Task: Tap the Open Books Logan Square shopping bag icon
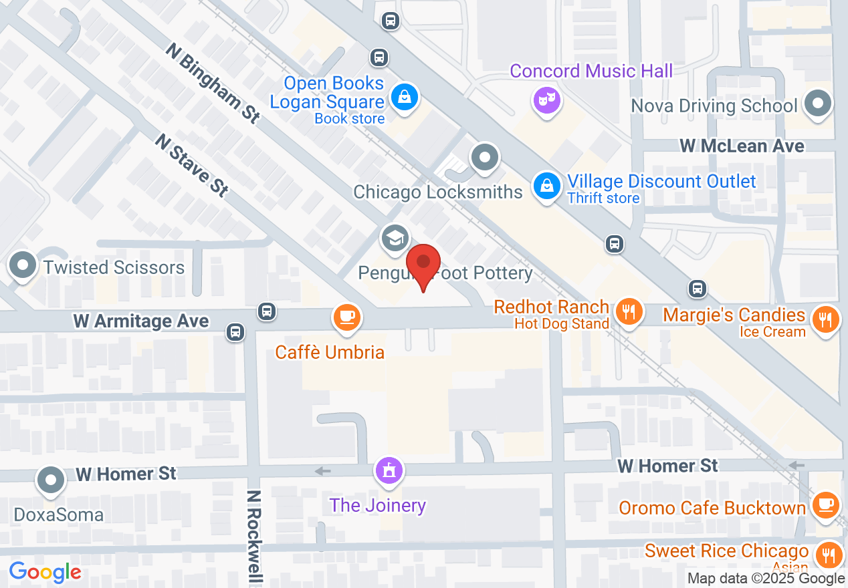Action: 405,98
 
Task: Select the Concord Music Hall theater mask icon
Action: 547,101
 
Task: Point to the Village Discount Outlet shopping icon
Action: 547,185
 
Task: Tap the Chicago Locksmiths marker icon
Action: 485,158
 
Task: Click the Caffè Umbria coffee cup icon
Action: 346,315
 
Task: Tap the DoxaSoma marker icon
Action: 51,480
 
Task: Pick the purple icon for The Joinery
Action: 389,471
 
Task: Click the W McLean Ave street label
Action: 742,146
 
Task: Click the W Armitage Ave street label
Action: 141,321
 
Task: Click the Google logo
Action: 45,572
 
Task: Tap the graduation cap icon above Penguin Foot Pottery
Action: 395,238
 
